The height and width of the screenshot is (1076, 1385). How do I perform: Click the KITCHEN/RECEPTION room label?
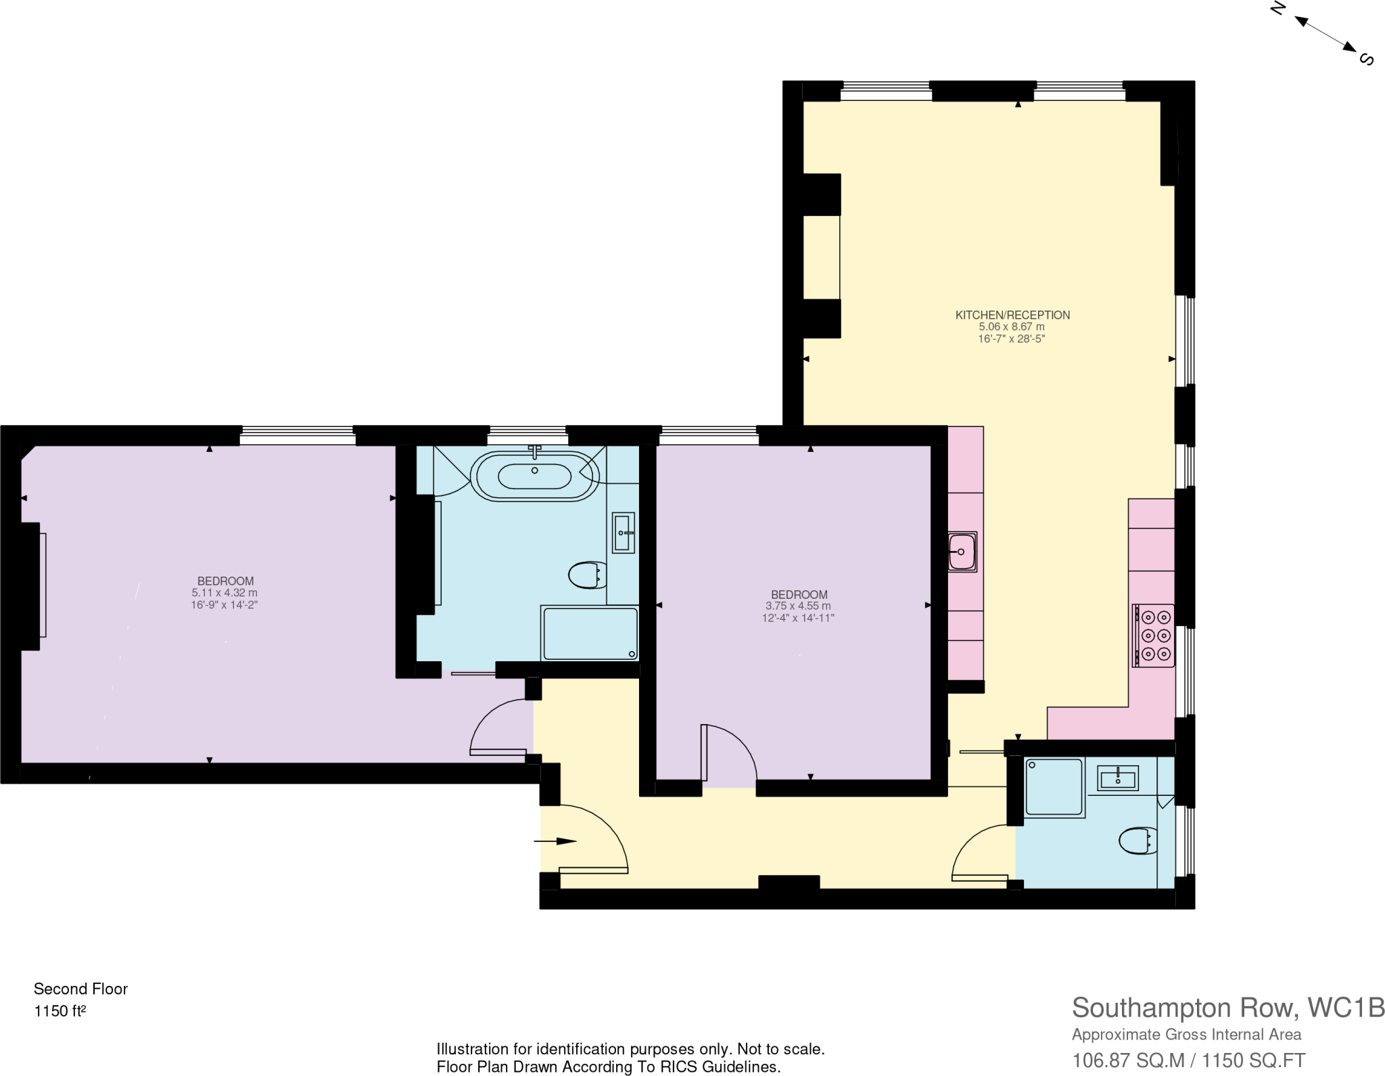[x=1012, y=315]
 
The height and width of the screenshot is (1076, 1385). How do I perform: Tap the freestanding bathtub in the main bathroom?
[x=534, y=476]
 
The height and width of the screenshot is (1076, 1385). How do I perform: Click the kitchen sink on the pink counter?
[x=962, y=552]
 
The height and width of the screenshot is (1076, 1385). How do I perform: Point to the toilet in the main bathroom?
[x=586, y=576]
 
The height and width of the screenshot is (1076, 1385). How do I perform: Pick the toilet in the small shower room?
[x=1137, y=841]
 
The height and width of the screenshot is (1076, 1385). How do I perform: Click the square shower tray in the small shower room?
[x=1054, y=787]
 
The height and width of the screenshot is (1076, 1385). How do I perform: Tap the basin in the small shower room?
[x=1118, y=778]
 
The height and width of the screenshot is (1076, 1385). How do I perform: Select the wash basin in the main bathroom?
[x=624, y=533]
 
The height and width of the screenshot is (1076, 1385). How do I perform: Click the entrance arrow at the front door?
[x=556, y=841]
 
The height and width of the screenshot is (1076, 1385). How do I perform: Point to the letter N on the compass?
[x=1277, y=8]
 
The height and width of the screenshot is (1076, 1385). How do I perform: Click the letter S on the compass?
[x=1366, y=60]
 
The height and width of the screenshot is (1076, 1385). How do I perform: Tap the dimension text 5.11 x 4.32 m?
[x=225, y=593]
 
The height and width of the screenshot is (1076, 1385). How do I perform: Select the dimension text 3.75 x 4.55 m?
[x=798, y=606]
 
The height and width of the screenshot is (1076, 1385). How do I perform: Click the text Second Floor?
[x=80, y=989]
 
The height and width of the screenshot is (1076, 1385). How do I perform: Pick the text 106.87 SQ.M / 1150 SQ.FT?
[x=1188, y=1060]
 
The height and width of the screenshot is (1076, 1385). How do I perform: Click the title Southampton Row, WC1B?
[x=1227, y=1008]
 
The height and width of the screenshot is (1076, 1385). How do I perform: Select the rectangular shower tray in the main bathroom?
[x=590, y=633]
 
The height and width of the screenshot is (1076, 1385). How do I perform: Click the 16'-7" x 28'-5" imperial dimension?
[x=1011, y=339]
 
